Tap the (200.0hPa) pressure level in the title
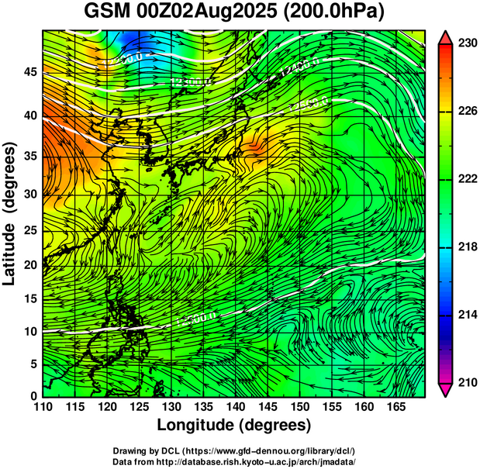[333, 12]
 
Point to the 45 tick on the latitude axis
[28, 72]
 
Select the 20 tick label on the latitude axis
[28, 264]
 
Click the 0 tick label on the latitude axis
[31, 395]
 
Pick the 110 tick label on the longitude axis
[43, 407]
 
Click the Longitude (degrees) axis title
[233, 425]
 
